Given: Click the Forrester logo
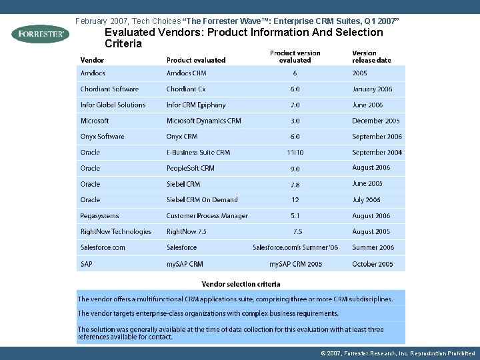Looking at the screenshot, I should (x=40, y=33).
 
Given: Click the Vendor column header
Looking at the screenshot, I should (x=92, y=60).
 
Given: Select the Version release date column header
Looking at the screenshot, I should (x=371, y=57).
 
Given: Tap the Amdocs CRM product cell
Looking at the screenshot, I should (x=186, y=73).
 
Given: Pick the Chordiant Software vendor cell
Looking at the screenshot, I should (x=109, y=89).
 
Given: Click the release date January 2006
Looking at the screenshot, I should (x=372, y=89).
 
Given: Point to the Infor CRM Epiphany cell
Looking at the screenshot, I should (x=196, y=105).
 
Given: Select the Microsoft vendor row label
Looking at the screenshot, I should (x=95, y=121).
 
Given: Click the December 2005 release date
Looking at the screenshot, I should (x=376, y=121).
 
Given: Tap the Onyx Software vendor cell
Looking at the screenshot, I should (x=102, y=137).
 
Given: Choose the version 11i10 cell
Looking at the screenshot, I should (x=295, y=153).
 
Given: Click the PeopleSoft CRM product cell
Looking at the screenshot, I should (x=190, y=169).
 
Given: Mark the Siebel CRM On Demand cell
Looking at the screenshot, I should (x=202, y=200).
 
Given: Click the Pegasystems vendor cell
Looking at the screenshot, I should (x=99, y=216).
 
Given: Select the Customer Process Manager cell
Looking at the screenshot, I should (x=207, y=216).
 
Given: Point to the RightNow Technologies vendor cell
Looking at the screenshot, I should (x=115, y=232).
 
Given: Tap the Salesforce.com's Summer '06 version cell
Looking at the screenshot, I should (x=295, y=248).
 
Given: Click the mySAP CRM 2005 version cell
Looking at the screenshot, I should (x=295, y=264).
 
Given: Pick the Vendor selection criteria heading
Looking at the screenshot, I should (x=241, y=285).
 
